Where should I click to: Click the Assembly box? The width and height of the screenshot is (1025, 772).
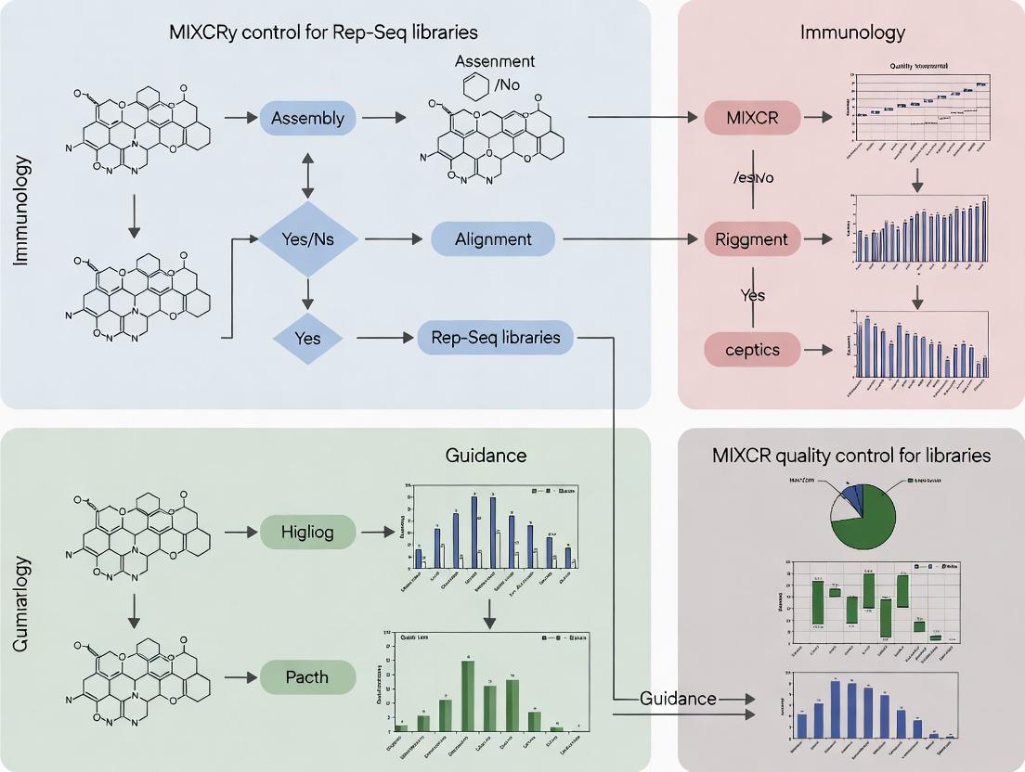pos(306,118)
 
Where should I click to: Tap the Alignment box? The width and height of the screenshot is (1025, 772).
pos(493,239)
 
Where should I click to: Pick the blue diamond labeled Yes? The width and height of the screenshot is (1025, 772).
pos(306,339)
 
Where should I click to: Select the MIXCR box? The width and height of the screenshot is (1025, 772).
pos(752,118)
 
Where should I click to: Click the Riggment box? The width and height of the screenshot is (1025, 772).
pos(752,239)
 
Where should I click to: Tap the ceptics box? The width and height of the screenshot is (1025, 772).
pos(752,350)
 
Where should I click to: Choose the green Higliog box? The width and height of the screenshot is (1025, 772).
pos(306,532)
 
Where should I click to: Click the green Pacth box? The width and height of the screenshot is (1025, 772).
pos(306,676)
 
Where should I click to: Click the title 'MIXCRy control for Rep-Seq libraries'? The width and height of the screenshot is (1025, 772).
pos(323,32)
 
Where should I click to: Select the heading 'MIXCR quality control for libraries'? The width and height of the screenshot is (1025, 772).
pos(851,456)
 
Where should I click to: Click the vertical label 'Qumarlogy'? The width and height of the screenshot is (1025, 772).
pos(23,603)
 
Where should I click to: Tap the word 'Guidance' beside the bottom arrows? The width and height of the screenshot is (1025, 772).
pos(678,698)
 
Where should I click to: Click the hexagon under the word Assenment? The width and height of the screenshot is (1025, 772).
pos(475,88)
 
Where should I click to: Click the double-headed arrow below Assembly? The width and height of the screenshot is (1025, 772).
pos(306,174)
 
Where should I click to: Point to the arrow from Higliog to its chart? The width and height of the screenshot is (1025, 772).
pos(376,532)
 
